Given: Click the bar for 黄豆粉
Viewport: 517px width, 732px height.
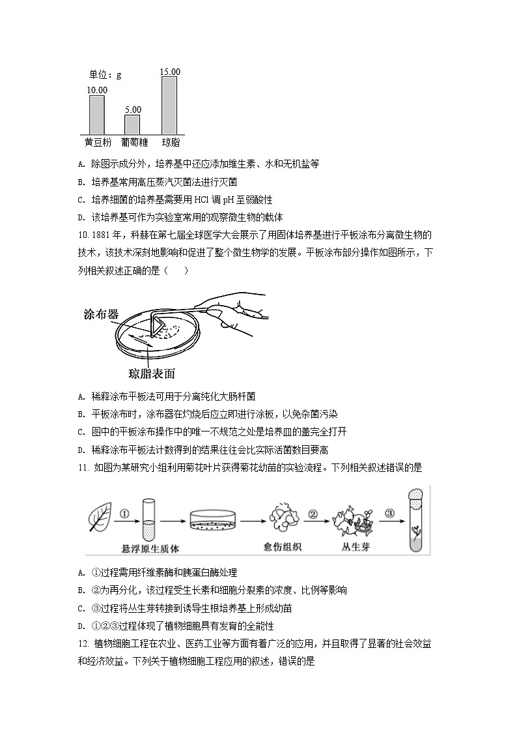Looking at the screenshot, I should (x=96, y=115).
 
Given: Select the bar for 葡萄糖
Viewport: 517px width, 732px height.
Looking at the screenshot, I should (x=132, y=124).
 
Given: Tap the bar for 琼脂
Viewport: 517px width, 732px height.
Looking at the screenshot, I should (x=169, y=105).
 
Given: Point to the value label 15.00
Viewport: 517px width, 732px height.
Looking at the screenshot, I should (x=170, y=72).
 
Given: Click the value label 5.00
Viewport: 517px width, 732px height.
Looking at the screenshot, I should (x=133, y=110).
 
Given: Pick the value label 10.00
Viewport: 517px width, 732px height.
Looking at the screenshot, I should (x=97, y=90).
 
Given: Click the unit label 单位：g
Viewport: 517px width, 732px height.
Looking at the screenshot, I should (x=105, y=75).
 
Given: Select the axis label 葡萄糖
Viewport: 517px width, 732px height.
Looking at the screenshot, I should (x=133, y=142).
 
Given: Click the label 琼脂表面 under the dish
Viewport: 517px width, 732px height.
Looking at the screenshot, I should (x=152, y=373).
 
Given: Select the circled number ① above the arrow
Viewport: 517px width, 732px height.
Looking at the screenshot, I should (x=124, y=513).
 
